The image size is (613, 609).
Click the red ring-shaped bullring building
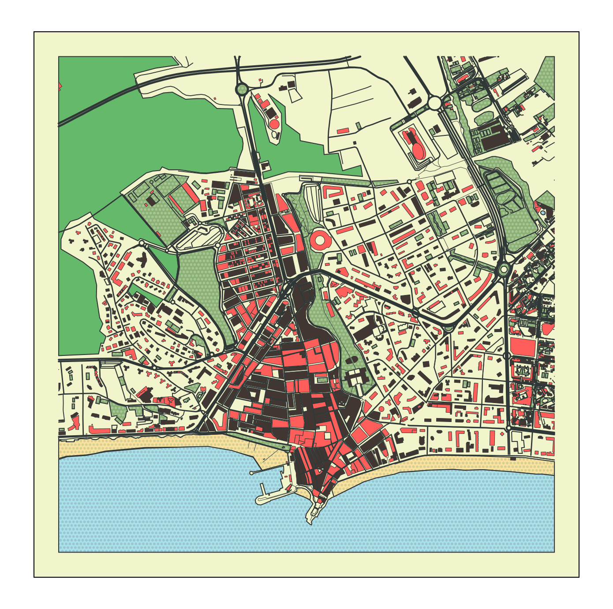coord(321,240)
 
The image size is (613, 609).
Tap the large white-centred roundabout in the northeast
coord(434,103)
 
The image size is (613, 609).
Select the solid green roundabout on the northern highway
coord(242,90)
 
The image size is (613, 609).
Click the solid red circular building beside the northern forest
coord(274,124)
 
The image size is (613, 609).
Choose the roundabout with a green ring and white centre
coord(504,269)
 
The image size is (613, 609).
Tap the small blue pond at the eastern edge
coord(542,213)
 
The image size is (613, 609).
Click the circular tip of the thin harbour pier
coord(251,473)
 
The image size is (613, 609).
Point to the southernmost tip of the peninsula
coord(311,524)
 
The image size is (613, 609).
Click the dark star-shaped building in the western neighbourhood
coord(142,260)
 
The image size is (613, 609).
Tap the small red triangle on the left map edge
coord(60,86)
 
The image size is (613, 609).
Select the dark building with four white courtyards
coord(355,378)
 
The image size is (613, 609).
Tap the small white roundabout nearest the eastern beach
coord(508,428)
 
